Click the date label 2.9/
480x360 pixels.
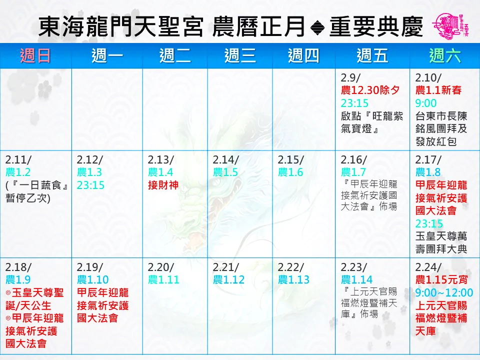click(x=351, y=77)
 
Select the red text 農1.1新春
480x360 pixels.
click(x=438, y=90)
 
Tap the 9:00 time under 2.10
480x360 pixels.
click(x=426, y=103)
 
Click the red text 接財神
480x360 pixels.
click(x=163, y=185)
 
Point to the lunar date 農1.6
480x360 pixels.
click(x=290, y=172)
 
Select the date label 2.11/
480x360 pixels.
click(x=18, y=160)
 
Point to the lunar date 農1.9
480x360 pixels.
click(x=18, y=279)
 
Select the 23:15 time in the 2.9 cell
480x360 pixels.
click(x=355, y=103)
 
